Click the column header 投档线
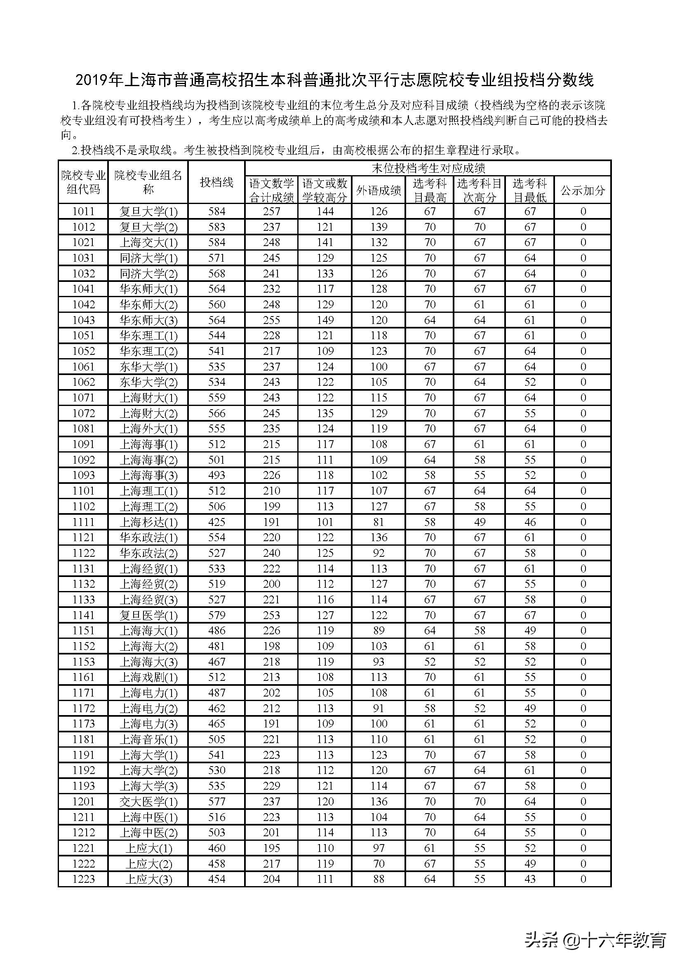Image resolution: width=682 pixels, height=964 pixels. click(x=216, y=182)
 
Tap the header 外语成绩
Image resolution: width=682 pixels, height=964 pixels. click(x=379, y=190)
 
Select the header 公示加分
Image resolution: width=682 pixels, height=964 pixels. click(x=583, y=190)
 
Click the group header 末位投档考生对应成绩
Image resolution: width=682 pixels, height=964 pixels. click(x=428, y=169)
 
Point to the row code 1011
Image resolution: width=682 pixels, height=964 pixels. click(x=83, y=211)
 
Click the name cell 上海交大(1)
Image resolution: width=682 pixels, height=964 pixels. click(x=148, y=243)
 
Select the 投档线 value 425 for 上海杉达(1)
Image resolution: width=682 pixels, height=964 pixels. click(x=216, y=522)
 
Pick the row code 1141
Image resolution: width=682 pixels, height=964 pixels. click(x=83, y=615)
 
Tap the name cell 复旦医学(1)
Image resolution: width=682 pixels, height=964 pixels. click(x=148, y=615)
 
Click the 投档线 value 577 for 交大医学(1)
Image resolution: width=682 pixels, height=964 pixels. click(x=216, y=802)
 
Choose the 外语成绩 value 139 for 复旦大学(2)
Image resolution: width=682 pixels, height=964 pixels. click(x=379, y=227)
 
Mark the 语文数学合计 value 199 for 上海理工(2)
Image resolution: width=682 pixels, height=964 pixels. click(x=271, y=507)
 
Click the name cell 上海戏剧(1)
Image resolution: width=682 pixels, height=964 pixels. click(x=148, y=677)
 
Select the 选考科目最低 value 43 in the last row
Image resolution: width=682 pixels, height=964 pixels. click(x=529, y=879)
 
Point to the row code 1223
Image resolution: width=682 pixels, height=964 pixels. click(x=83, y=879)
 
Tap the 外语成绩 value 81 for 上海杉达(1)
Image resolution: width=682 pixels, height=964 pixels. click(x=379, y=522)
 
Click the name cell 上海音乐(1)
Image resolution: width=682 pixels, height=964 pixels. click(x=148, y=739)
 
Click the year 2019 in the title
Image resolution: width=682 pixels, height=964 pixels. click(x=92, y=80)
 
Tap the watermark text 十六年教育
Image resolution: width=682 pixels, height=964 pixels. click(x=625, y=940)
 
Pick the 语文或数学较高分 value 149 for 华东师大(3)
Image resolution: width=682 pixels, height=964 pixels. click(x=325, y=320)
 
